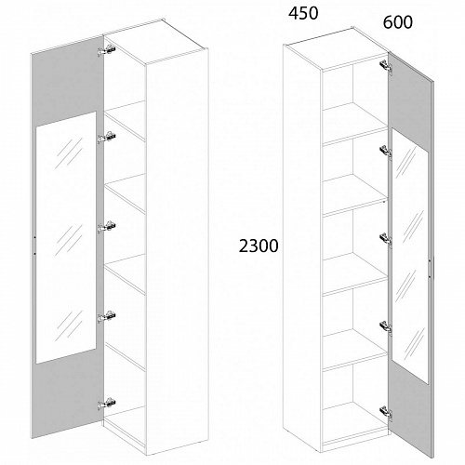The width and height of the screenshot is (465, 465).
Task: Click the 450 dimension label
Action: tap(303, 13)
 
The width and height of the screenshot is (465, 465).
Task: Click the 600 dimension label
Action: tap(398, 22)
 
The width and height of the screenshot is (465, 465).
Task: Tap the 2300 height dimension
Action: tap(259, 246)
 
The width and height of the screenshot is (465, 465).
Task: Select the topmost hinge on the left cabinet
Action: tap(107, 50)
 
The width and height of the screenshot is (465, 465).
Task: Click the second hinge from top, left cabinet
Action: tap(107, 138)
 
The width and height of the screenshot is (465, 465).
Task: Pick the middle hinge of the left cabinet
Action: tap(107, 227)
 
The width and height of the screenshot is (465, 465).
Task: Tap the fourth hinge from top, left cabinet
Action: tap(107, 316)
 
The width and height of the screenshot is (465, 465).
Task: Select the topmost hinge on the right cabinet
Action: tap(386, 67)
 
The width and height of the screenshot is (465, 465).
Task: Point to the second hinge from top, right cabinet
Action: tap(386, 152)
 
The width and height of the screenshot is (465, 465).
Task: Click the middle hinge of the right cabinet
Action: tap(386, 240)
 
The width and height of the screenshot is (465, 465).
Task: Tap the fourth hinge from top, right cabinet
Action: tap(386, 327)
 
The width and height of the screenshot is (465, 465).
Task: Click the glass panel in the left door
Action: tap(66, 237)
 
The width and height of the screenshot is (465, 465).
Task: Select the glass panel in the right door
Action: tap(410, 256)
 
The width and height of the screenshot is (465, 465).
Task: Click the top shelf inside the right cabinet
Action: tap(355, 124)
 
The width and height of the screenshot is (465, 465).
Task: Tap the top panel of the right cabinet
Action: tap(337, 49)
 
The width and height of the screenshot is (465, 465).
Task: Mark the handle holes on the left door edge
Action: tap(34, 246)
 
